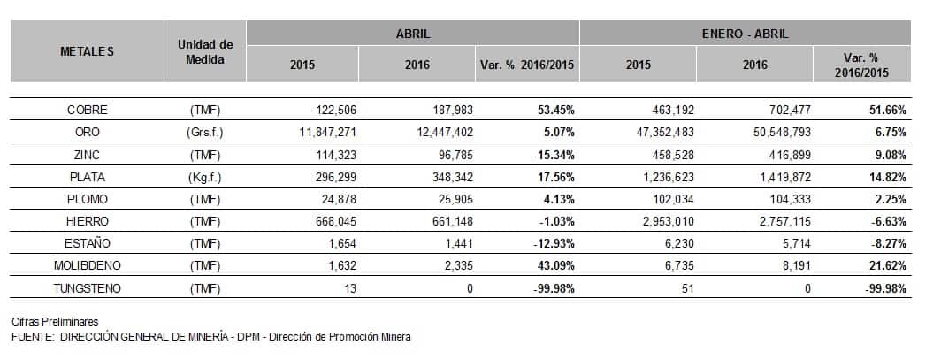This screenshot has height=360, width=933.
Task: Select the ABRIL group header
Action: (413, 34)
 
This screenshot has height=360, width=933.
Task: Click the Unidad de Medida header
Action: (204, 51)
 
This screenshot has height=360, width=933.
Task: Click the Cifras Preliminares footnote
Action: (55, 320)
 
